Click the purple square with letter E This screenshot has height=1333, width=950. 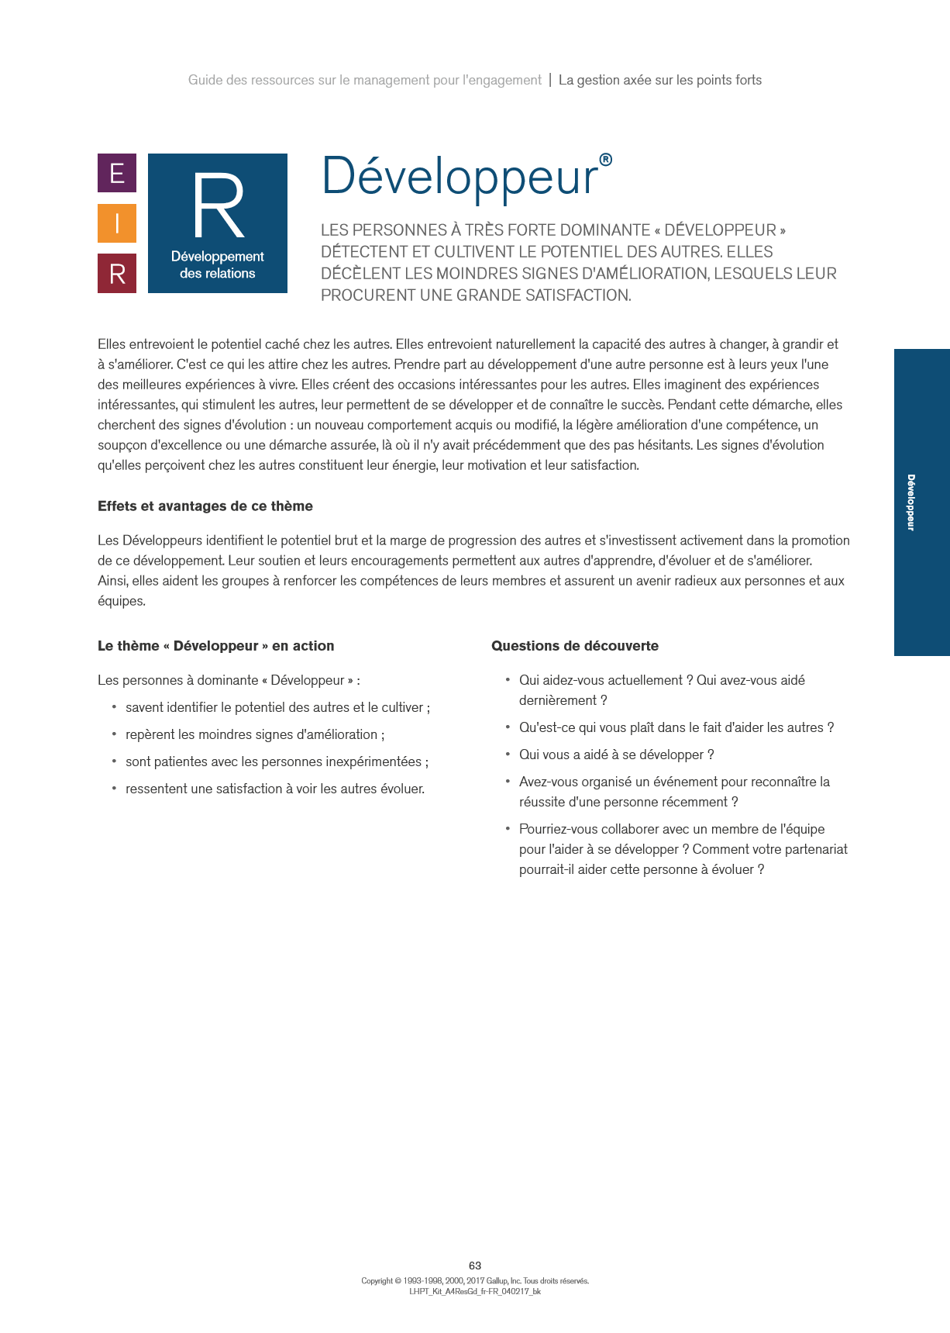117,173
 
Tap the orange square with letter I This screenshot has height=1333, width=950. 117,223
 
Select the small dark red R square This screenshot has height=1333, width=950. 117,274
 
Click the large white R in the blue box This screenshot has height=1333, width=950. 219,206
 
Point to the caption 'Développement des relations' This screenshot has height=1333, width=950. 218,264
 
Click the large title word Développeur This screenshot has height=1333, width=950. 460,177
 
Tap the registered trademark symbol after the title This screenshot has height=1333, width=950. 606,160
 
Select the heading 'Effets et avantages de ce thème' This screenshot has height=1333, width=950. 205,506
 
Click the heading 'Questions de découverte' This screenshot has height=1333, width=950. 575,646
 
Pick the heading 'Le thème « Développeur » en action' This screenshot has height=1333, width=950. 216,646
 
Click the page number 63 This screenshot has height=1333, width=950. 475,1266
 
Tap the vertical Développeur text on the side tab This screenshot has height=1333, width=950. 911,502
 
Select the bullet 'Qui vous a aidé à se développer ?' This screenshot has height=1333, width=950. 616,755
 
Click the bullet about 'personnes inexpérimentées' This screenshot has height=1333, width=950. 277,761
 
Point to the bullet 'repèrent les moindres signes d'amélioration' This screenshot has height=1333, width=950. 255,734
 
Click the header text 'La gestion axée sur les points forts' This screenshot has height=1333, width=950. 660,80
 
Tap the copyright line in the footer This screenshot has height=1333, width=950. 475,1281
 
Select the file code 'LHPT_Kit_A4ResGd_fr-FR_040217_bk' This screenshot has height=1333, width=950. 475,1292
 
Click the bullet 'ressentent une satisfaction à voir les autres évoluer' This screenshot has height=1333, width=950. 275,789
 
